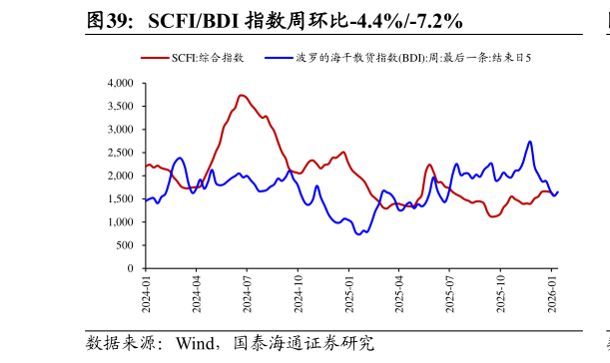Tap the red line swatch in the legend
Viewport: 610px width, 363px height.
(x=154, y=58)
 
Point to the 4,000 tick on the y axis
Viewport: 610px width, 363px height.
(x=118, y=84)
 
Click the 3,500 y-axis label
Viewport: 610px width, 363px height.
(x=118, y=107)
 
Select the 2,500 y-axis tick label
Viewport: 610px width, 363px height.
(x=118, y=153)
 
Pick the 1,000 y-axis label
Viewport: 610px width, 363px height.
(x=118, y=222)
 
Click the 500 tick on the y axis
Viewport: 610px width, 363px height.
(x=124, y=245)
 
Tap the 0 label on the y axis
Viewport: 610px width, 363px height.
(x=130, y=268)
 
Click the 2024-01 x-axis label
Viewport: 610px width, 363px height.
(x=145, y=294)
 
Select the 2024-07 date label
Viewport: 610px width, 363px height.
(x=247, y=294)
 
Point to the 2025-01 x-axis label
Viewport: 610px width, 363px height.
(x=348, y=294)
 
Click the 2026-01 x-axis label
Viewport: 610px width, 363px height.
(x=551, y=294)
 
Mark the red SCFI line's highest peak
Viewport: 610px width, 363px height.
(x=243, y=95)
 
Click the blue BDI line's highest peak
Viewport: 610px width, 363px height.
(x=530, y=142)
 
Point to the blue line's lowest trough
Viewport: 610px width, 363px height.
(x=359, y=234)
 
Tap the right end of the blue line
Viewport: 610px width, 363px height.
(x=558, y=191)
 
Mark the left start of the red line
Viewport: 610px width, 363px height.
(x=146, y=167)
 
